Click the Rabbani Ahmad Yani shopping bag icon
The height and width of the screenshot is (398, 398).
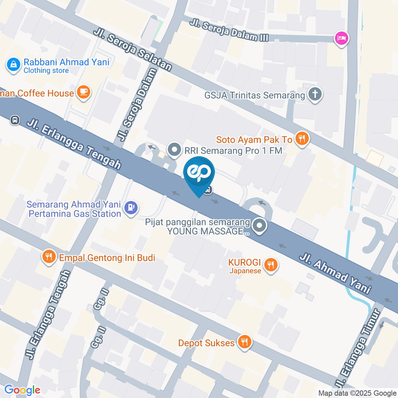(14, 65)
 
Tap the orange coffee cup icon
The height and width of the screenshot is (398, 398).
(84, 92)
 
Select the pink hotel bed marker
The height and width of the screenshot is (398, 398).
(341, 39)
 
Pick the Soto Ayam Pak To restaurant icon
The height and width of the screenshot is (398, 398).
(301, 139)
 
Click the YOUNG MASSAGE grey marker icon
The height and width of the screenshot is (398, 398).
(260, 226)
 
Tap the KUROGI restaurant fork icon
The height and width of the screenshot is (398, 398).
(271, 264)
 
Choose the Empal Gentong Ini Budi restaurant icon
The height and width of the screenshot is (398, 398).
(49, 257)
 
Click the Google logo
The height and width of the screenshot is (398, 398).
(22, 390)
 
